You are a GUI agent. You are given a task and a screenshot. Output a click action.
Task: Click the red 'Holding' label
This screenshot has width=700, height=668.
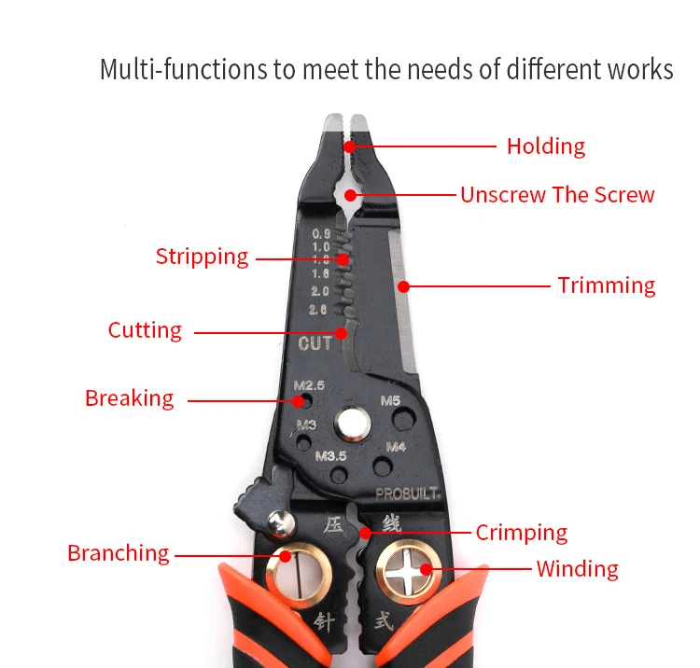[545, 146]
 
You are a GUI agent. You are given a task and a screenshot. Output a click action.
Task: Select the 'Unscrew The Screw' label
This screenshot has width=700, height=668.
[557, 195]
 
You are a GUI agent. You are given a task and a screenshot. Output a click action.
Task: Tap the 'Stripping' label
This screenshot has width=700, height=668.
[202, 257]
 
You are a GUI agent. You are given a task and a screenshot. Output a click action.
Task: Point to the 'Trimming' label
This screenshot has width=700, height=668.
[607, 285]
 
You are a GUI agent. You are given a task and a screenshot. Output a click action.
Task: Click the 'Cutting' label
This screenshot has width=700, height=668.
[145, 330]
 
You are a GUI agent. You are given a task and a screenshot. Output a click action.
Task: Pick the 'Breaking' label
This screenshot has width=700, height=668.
[129, 398]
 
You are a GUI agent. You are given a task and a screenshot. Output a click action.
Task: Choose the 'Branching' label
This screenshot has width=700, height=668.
[118, 553]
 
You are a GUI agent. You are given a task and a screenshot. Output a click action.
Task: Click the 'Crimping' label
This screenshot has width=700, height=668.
[521, 533]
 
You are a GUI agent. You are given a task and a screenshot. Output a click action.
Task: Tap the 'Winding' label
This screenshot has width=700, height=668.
[577, 568]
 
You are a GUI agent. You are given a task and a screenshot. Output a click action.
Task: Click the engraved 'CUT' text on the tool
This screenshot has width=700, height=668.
[315, 344]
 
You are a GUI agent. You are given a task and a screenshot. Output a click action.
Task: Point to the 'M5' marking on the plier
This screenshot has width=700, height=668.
[391, 401]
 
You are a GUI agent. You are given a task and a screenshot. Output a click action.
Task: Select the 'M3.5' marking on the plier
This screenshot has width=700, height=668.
[330, 456]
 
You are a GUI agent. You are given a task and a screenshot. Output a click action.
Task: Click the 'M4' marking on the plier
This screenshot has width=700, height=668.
[396, 447]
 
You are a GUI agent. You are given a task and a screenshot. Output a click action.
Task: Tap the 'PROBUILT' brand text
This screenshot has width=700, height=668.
[408, 494]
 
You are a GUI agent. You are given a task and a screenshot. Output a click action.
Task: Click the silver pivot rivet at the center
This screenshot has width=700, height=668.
[353, 425]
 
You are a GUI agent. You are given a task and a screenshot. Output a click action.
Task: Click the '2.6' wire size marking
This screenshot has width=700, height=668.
[318, 310]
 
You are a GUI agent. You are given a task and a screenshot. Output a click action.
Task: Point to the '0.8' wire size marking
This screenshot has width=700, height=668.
[321, 233]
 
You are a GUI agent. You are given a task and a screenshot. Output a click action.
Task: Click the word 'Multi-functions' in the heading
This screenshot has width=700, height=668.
[181, 70]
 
